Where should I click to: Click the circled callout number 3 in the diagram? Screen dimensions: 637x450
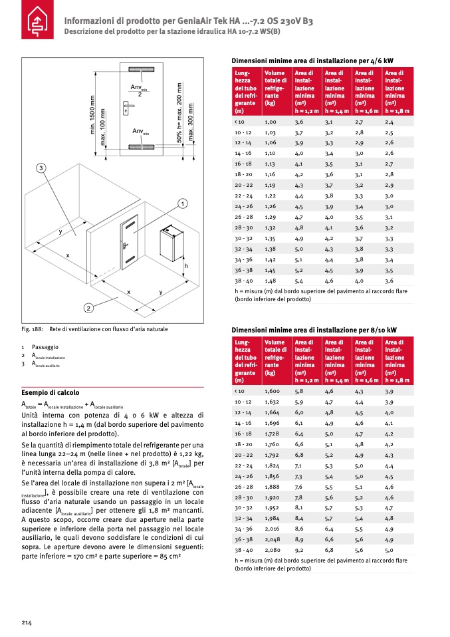pos(41,168)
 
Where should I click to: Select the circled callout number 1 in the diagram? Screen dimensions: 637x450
pos(182,203)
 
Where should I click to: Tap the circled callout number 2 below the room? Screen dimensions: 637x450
pos(88,308)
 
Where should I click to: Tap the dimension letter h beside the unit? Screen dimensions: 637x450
pos(186,265)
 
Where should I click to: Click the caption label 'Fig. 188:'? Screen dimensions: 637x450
pos(33,329)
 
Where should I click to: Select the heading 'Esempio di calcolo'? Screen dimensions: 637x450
pos(51,392)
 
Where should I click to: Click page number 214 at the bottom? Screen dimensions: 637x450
pos(27,622)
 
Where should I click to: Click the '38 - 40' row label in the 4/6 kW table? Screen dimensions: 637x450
pos(243,281)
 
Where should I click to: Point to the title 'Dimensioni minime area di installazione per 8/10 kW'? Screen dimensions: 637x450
pos(314,330)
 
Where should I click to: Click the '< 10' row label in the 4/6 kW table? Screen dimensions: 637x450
pos(240,122)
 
